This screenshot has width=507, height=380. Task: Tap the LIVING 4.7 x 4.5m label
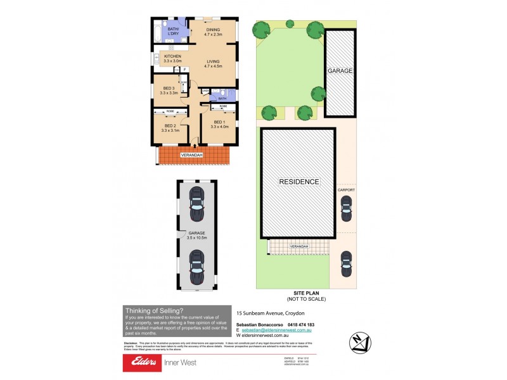point(213,62)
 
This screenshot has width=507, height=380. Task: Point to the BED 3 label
point(167,91)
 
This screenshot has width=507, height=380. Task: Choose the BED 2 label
point(169,128)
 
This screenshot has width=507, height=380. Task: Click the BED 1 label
point(219,124)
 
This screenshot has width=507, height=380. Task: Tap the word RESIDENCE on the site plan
point(298,182)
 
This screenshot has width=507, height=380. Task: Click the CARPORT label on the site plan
point(346,189)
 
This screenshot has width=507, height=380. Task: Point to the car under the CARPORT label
point(346,208)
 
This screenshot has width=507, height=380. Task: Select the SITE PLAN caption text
point(305,296)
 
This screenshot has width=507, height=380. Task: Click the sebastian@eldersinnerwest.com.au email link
point(277,331)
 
